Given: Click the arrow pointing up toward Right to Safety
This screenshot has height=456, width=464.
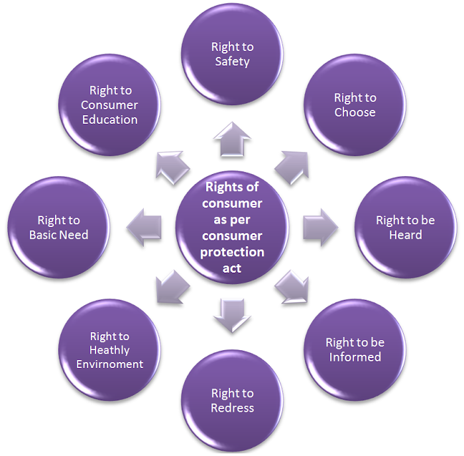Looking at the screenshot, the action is [x=232, y=140].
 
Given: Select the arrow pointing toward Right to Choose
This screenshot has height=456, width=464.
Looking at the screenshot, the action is [x=292, y=168].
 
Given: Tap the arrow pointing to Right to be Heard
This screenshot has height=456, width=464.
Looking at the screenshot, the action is [x=320, y=227].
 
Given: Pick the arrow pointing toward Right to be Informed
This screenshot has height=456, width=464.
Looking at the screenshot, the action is [x=292, y=287].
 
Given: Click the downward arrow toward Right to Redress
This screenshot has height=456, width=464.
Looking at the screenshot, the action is [x=232, y=315].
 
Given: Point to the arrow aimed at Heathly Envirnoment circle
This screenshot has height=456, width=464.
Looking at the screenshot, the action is [x=172, y=287].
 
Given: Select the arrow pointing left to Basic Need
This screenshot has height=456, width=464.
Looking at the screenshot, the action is [x=144, y=227].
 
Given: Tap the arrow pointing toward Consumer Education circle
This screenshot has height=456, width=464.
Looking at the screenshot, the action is [x=172, y=168].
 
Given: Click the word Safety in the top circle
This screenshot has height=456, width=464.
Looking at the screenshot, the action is [x=232, y=62].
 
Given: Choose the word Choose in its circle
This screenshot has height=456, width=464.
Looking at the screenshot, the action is [x=355, y=113].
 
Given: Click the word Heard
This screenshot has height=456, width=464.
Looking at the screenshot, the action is [x=406, y=235].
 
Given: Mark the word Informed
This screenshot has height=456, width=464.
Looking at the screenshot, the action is [x=355, y=357].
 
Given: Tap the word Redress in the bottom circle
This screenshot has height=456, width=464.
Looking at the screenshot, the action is [x=232, y=408].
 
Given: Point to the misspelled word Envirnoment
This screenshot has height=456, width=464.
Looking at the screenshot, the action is [x=110, y=364].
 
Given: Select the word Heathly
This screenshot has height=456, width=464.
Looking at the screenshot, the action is [x=109, y=351].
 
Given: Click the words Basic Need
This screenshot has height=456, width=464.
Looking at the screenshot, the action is [x=58, y=235].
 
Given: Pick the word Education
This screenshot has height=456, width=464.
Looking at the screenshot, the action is [x=110, y=120].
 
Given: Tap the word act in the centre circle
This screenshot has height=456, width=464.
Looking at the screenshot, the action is [x=232, y=268].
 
